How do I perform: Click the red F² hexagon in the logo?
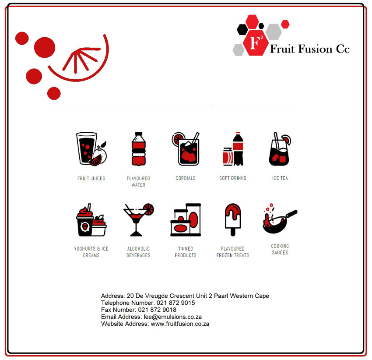point(256,43)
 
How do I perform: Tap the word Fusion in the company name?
point(315,49)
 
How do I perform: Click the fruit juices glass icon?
point(91,148)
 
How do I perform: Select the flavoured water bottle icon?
point(139,148)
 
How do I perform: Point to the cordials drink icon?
point(186,148)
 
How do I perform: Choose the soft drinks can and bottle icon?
point(233,148)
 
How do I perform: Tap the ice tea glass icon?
point(280,148)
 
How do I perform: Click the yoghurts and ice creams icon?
point(91,220)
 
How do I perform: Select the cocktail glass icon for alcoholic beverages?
point(139,220)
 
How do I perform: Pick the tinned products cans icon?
point(186,220)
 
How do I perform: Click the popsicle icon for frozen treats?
point(233,220)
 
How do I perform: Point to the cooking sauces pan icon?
point(280,219)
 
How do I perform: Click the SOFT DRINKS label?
point(233,178)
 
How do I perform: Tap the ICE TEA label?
point(280,178)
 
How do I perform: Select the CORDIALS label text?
point(186,178)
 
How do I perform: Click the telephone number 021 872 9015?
point(176,303)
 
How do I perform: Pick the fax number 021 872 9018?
point(157,310)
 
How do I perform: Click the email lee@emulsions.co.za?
point(173,317)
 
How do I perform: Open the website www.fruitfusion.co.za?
point(180,324)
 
